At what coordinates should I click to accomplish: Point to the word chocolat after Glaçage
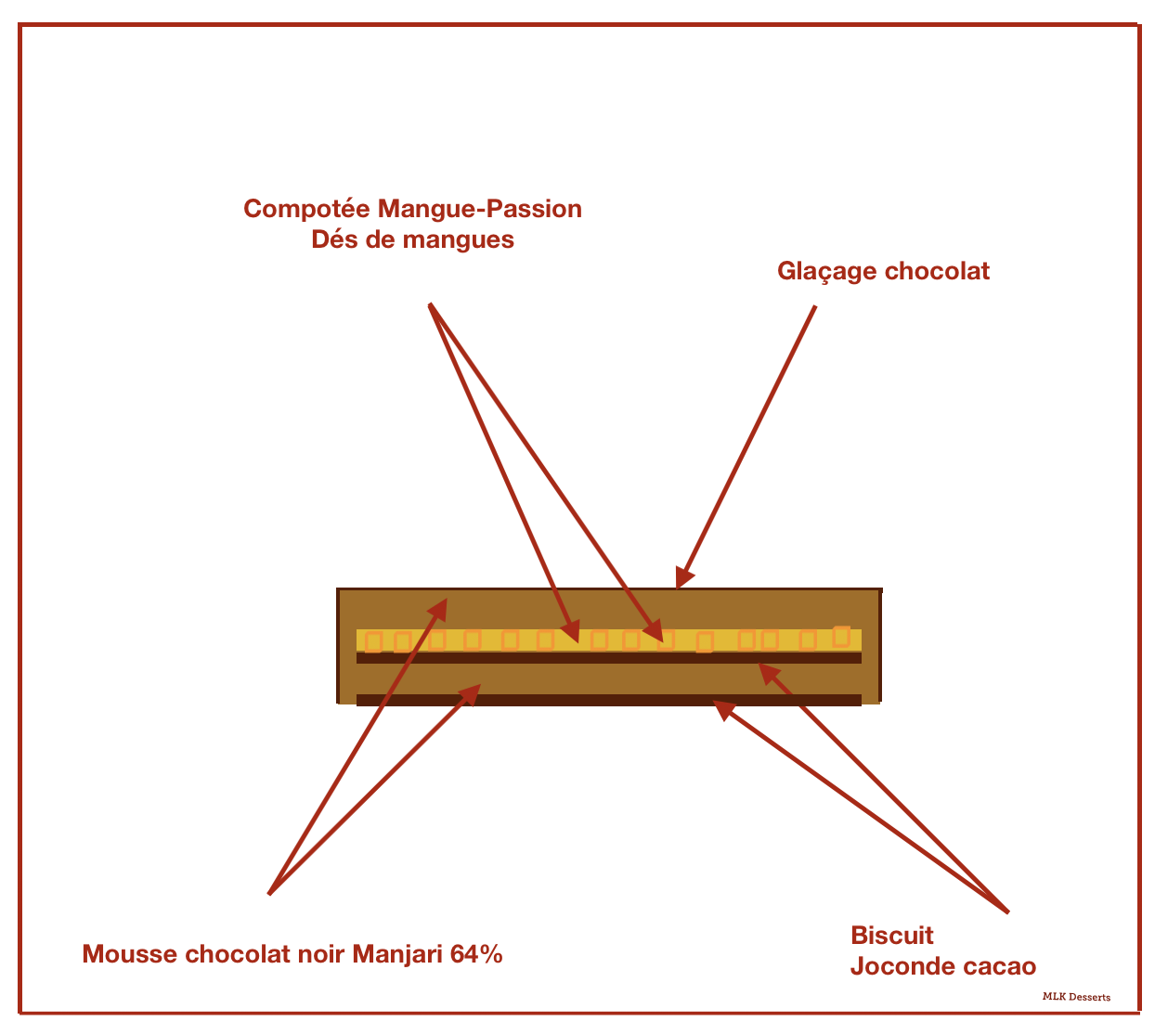(937, 271)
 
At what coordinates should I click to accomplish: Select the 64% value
(476, 954)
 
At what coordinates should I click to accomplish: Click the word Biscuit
(892, 936)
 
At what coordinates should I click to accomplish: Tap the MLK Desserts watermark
(1076, 997)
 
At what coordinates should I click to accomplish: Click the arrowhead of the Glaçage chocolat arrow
(683, 578)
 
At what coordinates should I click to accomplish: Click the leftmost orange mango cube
(373, 641)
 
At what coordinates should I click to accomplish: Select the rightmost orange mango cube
(841, 636)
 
